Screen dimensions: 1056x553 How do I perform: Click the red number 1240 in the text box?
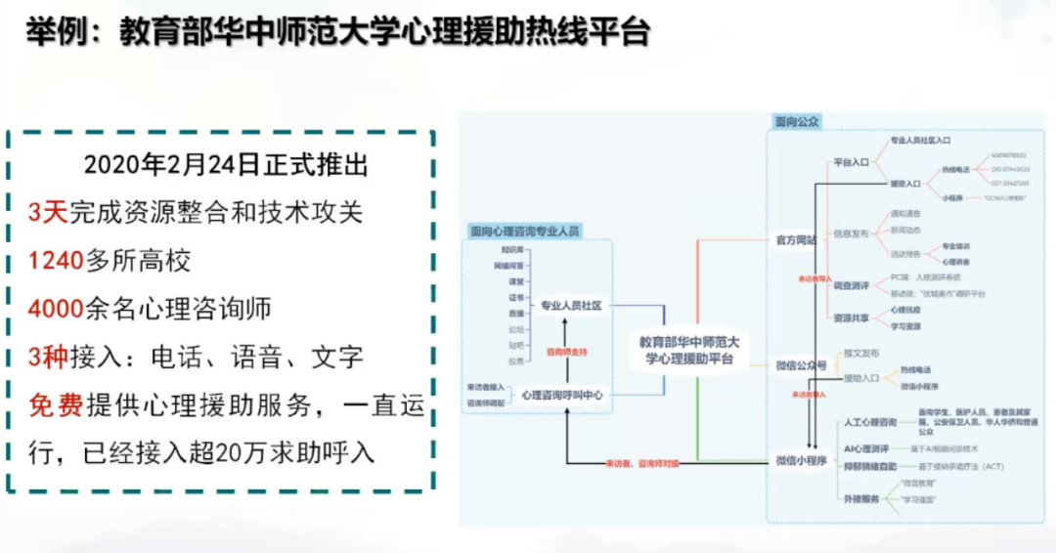[56, 261]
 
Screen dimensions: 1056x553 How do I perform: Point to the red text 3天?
[47, 213]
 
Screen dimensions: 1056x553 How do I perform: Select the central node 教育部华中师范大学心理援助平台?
[689, 350]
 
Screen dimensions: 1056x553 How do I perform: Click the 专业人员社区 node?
[571, 306]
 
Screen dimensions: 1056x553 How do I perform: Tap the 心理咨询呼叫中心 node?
[562, 396]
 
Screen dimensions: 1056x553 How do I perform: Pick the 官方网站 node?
[795, 239]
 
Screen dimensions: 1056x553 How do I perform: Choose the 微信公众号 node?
[801, 365]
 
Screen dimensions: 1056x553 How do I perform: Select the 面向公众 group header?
[796, 123]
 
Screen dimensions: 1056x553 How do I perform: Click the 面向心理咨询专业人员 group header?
[525, 232]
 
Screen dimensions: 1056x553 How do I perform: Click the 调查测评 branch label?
[849, 285]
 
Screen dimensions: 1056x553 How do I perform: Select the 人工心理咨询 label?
[869, 422]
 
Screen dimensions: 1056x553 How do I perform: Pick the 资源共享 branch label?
[849, 319]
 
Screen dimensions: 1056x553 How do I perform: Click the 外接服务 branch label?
[860, 498]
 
